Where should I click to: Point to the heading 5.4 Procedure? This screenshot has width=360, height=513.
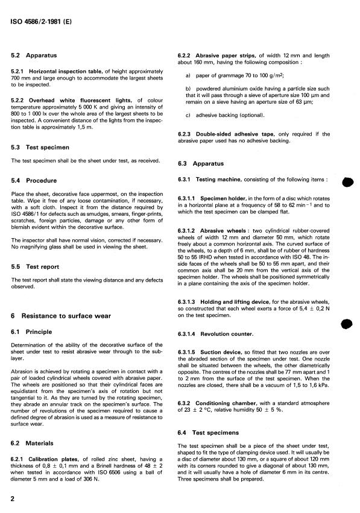[34, 180]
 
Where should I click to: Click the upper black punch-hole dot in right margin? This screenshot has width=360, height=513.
[346, 184]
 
